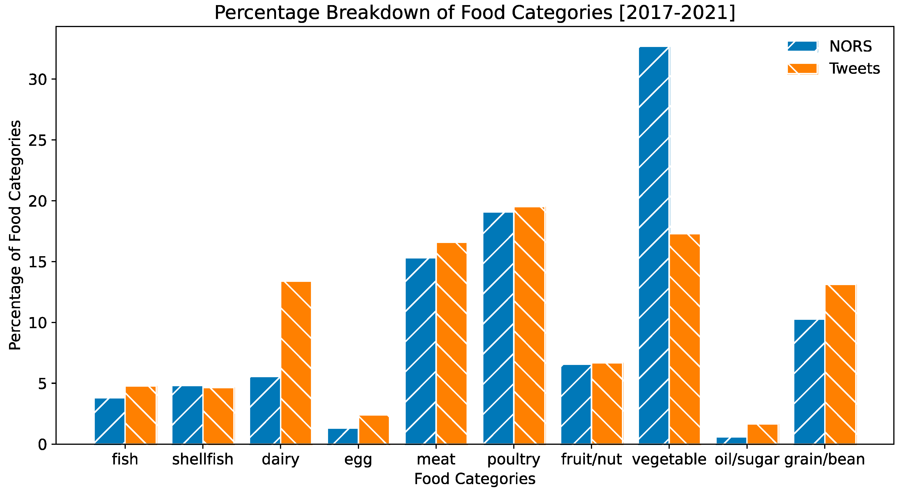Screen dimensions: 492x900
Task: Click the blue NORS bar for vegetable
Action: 654,245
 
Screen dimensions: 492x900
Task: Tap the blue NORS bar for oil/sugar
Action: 731,441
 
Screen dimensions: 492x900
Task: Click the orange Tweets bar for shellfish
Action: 218,416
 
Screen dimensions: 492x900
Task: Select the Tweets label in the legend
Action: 854,69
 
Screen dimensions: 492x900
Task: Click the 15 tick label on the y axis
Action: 37,262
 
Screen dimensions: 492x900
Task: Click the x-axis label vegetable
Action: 669,459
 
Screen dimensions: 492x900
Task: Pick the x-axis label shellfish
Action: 203,459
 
